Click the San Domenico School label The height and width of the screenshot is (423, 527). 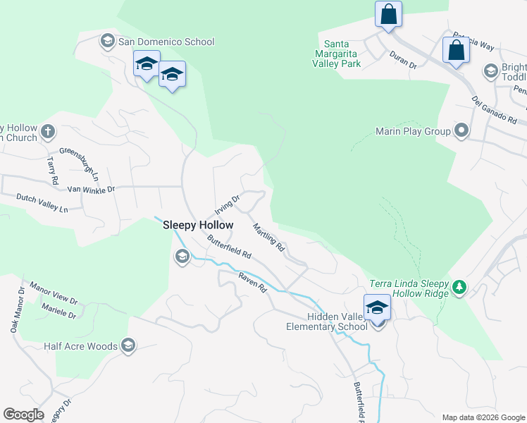point(166,42)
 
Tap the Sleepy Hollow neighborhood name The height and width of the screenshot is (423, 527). point(198,225)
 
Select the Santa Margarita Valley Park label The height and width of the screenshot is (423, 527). point(337,54)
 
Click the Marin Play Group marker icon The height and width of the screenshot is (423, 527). point(461,130)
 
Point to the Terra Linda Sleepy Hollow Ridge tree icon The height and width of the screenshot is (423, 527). point(459,286)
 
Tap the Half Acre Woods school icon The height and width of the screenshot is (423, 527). point(128,345)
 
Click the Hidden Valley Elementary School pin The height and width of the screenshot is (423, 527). point(378,308)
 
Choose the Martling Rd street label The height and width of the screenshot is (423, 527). point(269,238)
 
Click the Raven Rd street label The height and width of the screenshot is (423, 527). point(253,283)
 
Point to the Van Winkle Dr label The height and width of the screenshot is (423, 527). point(91,189)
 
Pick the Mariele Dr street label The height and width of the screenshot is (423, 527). point(58,312)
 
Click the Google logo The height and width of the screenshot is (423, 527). point(24,415)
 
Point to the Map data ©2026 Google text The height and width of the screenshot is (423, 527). point(483,417)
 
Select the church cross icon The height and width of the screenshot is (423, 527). point(48,131)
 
